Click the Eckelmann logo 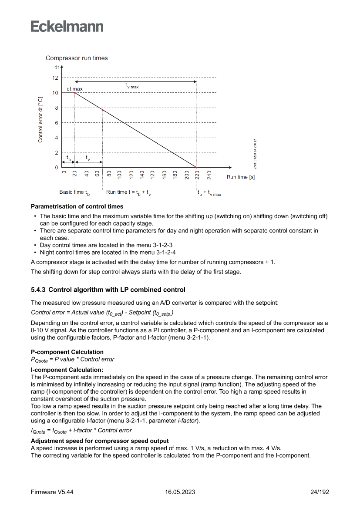pyautogui.click(x=67, y=26)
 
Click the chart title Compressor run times pyautogui.click(x=77, y=58)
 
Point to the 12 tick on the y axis pyautogui.click(x=55, y=78)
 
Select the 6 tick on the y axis pyautogui.click(x=56, y=123)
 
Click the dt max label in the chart pyautogui.click(x=74, y=89)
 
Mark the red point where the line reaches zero pyautogui.click(x=196, y=168)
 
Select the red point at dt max pyautogui.click(x=75, y=93)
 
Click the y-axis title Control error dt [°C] pyautogui.click(x=40, y=120)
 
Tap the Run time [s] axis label pyautogui.click(x=241, y=177)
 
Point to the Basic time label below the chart pyautogui.click(x=74, y=192)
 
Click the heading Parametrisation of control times pyautogui.click(x=77, y=206)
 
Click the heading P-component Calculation pyautogui.click(x=67, y=352)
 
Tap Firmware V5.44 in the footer pyautogui.click(x=52, y=492)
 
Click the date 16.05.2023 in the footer pyautogui.click(x=180, y=492)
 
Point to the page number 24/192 pyautogui.click(x=319, y=492)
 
